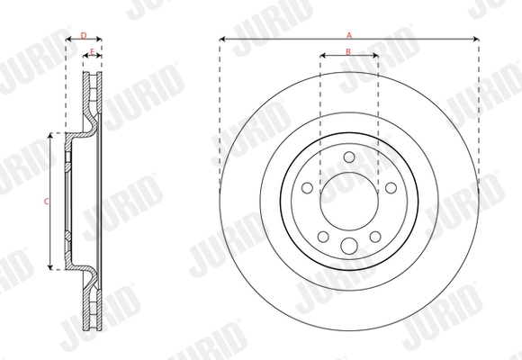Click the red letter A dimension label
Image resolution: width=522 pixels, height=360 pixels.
pyautogui.click(x=349, y=34)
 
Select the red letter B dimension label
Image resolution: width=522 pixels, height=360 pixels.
pyautogui.click(x=348, y=51)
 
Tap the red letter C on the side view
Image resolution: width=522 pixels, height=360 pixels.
pyautogui.click(x=47, y=202)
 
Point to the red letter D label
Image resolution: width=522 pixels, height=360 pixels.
pyautogui.click(x=84, y=35)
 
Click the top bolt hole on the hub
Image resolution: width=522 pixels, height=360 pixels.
pyautogui.click(x=349, y=157)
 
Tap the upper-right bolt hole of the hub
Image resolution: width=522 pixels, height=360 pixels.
pyautogui.click(x=391, y=187)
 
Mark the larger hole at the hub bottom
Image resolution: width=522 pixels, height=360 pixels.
pyautogui.click(x=349, y=247)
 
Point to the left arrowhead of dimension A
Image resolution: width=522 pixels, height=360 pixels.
pyautogui.click(x=221, y=40)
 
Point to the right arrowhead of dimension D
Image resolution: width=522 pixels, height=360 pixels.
pyautogui.click(x=100, y=40)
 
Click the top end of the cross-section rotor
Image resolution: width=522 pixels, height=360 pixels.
pyautogui.click(x=93, y=76)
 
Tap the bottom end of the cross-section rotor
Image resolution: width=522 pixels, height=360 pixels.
pyautogui.click(x=93, y=328)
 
